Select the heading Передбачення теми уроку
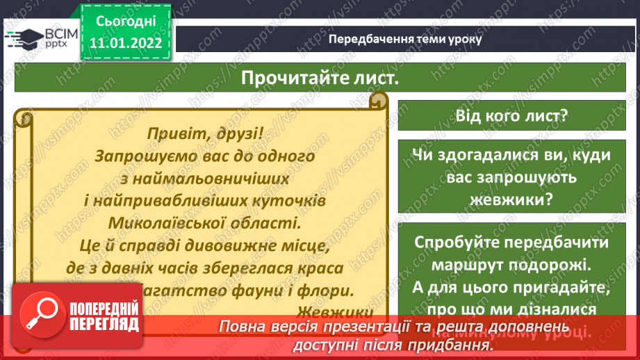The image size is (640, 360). click(x=404, y=38)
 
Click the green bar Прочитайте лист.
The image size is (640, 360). click(x=320, y=78)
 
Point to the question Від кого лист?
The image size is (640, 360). click(x=512, y=115)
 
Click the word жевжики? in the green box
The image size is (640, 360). click(x=512, y=199)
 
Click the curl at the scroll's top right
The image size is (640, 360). click(x=378, y=102)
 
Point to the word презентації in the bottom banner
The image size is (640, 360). click(x=362, y=327)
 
